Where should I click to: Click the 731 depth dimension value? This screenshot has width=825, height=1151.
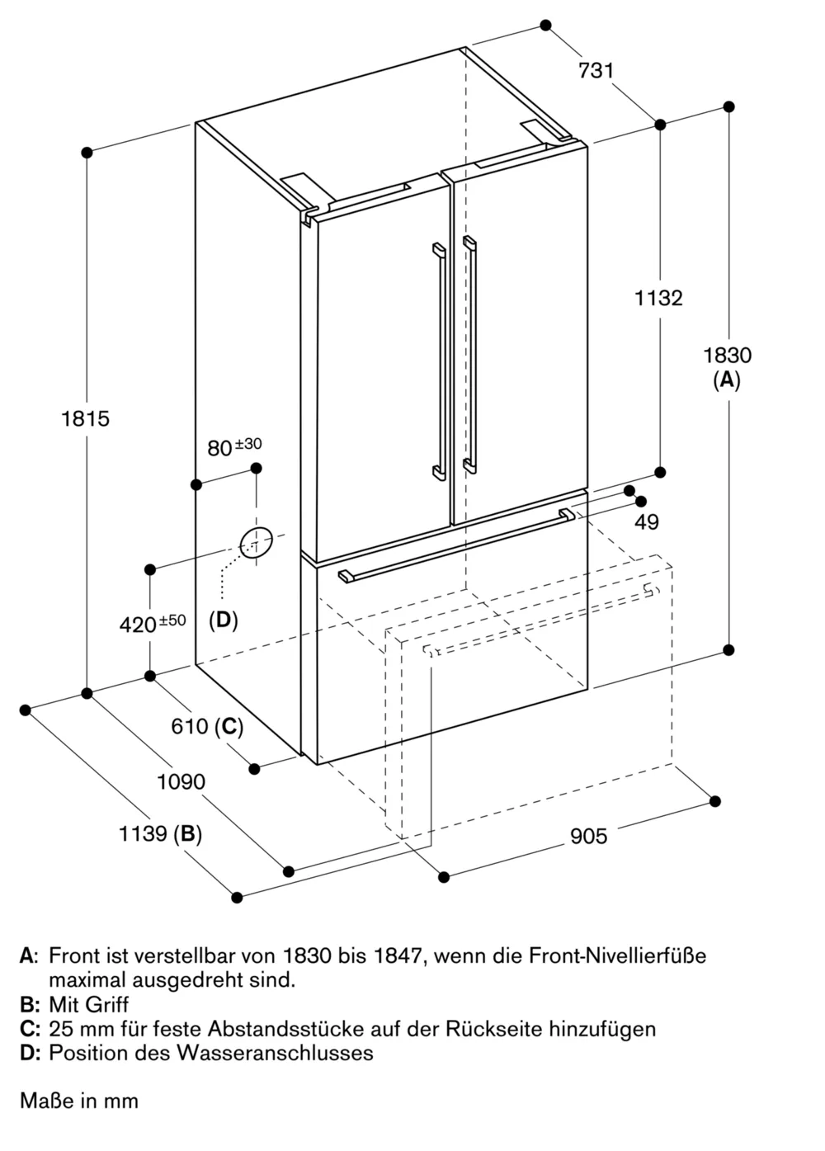pyautogui.click(x=596, y=71)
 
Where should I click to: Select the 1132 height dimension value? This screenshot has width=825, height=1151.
pyautogui.click(x=658, y=298)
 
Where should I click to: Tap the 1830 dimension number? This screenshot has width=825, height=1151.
pyautogui.click(x=727, y=356)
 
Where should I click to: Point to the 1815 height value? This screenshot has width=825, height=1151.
pyautogui.click(x=85, y=419)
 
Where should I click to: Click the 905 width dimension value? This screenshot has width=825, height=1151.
pyautogui.click(x=588, y=837)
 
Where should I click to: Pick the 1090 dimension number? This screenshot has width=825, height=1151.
pyautogui.click(x=181, y=781)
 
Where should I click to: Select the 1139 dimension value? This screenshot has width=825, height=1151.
pyautogui.click(x=143, y=834)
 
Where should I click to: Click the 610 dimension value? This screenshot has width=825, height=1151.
pyautogui.click(x=189, y=727)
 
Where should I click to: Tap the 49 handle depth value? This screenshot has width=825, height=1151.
pyautogui.click(x=647, y=522)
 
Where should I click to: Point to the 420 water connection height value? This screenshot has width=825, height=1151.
pyautogui.click(x=138, y=625)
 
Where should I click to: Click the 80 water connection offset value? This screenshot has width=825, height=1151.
pyautogui.click(x=219, y=448)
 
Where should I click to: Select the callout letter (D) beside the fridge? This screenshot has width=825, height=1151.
pyautogui.click(x=223, y=620)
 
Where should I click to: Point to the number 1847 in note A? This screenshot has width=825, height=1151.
pyautogui.click(x=398, y=956)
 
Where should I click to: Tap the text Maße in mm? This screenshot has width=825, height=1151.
pyautogui.click(x=79, y=1101)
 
